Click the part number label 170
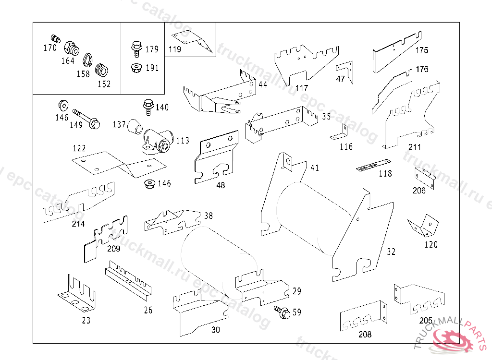50,48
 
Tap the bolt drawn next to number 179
136,48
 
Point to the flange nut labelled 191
136,68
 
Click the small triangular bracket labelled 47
345,68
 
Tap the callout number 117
302,88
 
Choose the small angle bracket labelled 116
341,133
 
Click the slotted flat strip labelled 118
373,166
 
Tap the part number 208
364,335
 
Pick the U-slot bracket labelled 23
77,293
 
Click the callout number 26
148,310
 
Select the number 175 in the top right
422,50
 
